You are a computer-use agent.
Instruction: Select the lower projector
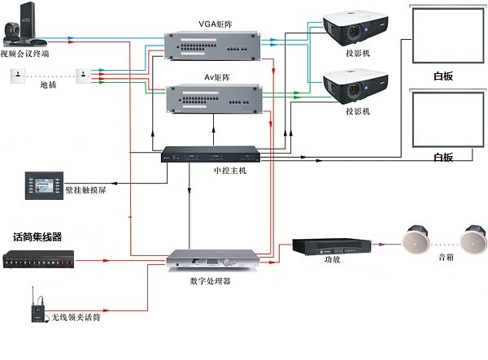point(353,83)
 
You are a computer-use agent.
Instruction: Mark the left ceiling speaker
point(416,238)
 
